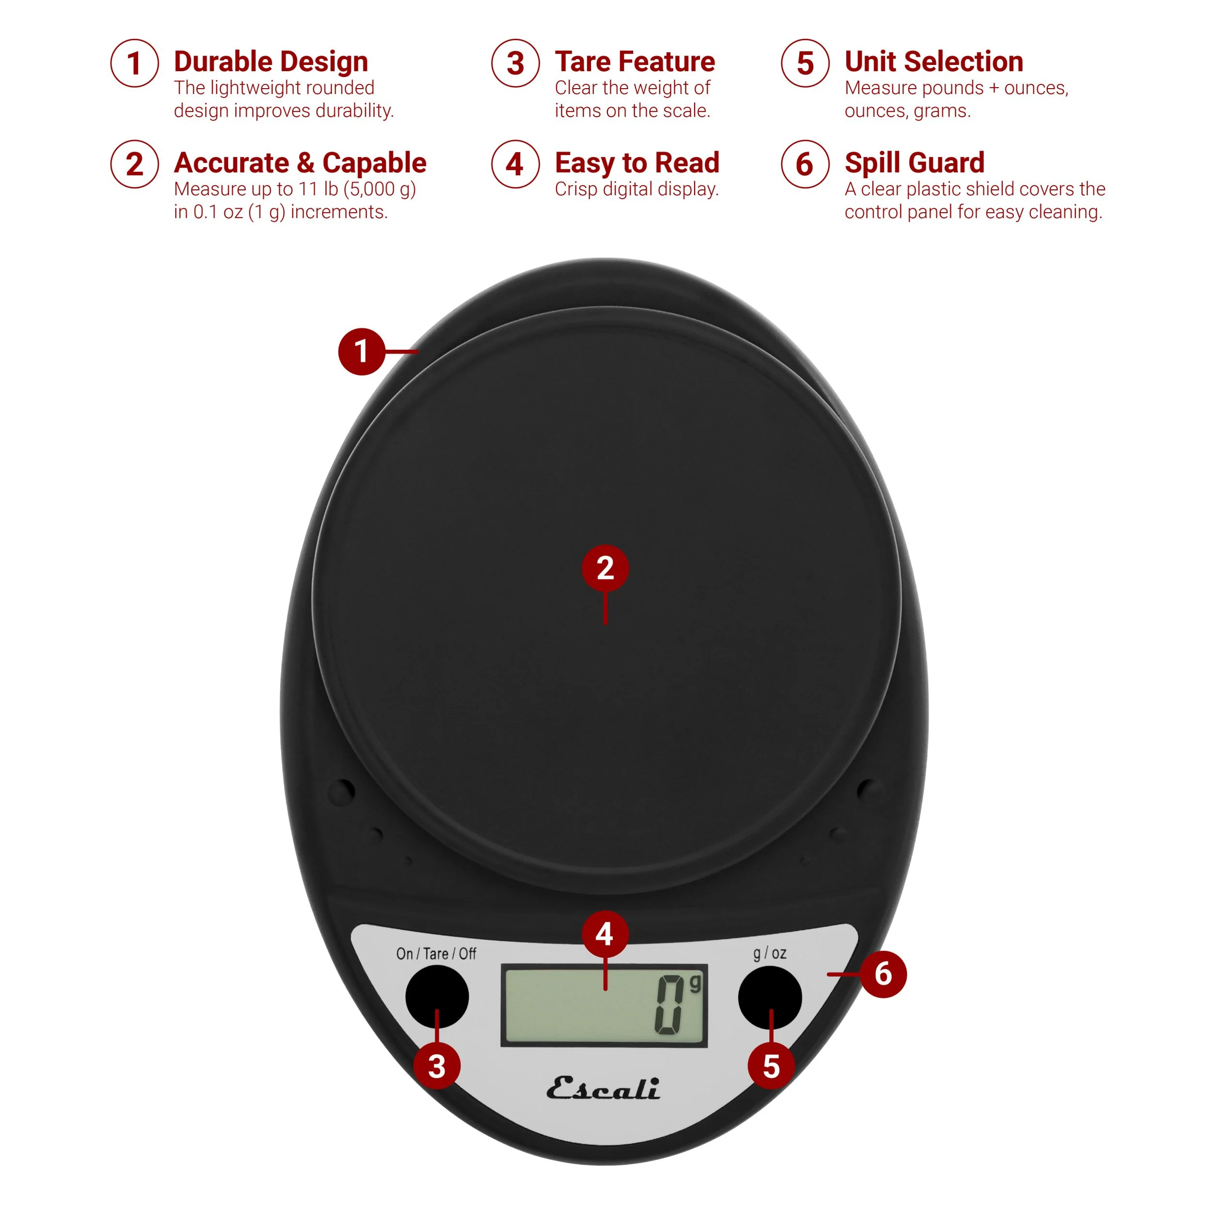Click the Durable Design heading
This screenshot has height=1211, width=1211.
271,62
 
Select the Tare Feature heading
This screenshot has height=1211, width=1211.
635,62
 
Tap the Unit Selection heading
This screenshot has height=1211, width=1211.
933,62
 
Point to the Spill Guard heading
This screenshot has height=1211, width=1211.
914,163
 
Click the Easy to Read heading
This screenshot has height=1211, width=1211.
637,163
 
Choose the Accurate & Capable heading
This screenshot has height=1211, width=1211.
300,163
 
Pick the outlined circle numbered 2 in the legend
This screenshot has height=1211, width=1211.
134,164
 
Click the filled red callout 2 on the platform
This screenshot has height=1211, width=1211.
605,568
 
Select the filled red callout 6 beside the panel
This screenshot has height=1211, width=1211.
883,974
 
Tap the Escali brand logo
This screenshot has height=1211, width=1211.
603,1089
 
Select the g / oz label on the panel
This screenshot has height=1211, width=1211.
770,953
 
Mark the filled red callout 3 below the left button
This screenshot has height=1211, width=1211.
437,1066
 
